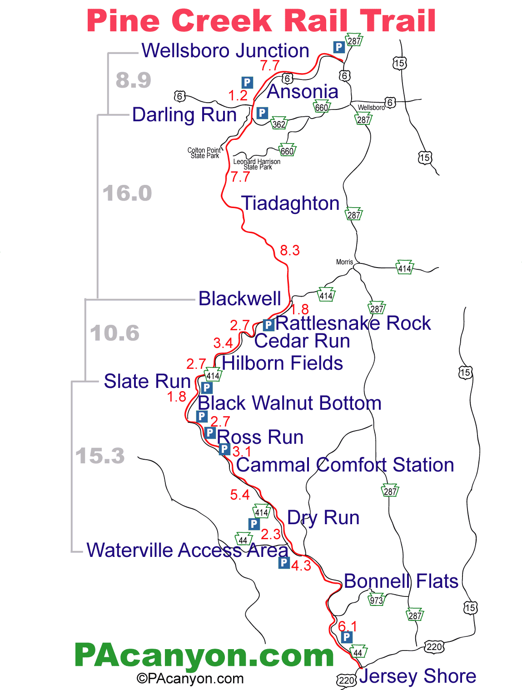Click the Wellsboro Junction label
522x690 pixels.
(x=225, y=50)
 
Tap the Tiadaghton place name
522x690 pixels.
(x=290, y=204)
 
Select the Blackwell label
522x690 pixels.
(x=240, y=299)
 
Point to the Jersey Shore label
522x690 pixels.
(x=418, y=676)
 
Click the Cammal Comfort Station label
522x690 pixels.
(x=345, y=465)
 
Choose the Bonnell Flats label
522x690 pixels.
(x=401, y=581)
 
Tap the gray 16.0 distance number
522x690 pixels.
(x=127, y=194)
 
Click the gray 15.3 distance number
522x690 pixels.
(x=100, y=456)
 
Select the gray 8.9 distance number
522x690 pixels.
(x=133, y=80)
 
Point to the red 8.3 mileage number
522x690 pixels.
(x=290, y=250)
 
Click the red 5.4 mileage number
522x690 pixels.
(x=240, y=495)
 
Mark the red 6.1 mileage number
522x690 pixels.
(x=348, y=626)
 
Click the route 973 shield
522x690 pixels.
(x=377, y=600)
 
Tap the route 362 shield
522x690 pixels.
(x=279, y=124)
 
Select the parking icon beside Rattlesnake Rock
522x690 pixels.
(x=268, y=325)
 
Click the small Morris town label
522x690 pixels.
(x=344, y=262)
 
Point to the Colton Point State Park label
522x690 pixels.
(x=204, y=153)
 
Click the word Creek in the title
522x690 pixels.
(x=222, y=21)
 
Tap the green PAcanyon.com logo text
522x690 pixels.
(x=204, y=655)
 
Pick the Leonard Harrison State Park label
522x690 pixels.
(x=257, y=164)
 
